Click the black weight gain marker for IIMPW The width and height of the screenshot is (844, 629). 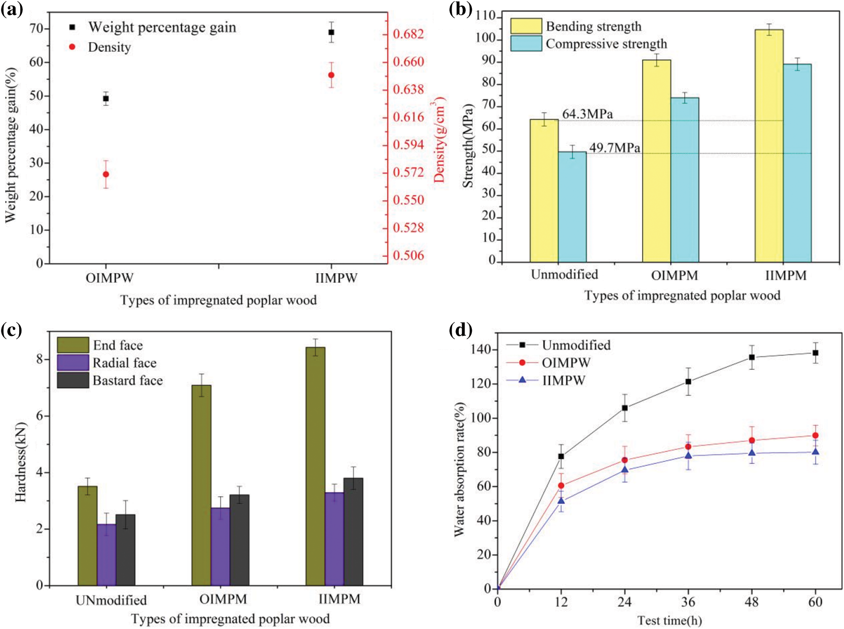point(331,33)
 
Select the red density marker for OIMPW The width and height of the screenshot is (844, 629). point(106,174)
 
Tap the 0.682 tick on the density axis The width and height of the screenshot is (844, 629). point(408,34)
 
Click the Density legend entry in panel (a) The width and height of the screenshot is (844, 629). point(109,47)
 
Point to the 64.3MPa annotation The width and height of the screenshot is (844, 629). point(587,114)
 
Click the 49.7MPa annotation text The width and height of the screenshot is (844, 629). point(614,148)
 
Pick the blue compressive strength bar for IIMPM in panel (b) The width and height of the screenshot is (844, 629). point(797,163)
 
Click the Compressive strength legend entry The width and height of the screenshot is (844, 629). point(606,44)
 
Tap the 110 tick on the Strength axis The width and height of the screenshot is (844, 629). point(486,17)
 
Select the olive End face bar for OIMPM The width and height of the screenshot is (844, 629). point(201,485)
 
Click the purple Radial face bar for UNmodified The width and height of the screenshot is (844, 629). point(106,555)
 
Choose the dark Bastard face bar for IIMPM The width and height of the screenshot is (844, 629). point(353,531)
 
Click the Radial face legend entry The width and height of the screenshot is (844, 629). point(124,363)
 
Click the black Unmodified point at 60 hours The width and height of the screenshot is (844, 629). point(815,353)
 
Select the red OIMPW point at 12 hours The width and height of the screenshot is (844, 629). point(561,486)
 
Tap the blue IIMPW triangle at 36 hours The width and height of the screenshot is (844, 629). point(689,455)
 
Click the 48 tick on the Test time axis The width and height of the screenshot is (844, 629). point(752,602)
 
